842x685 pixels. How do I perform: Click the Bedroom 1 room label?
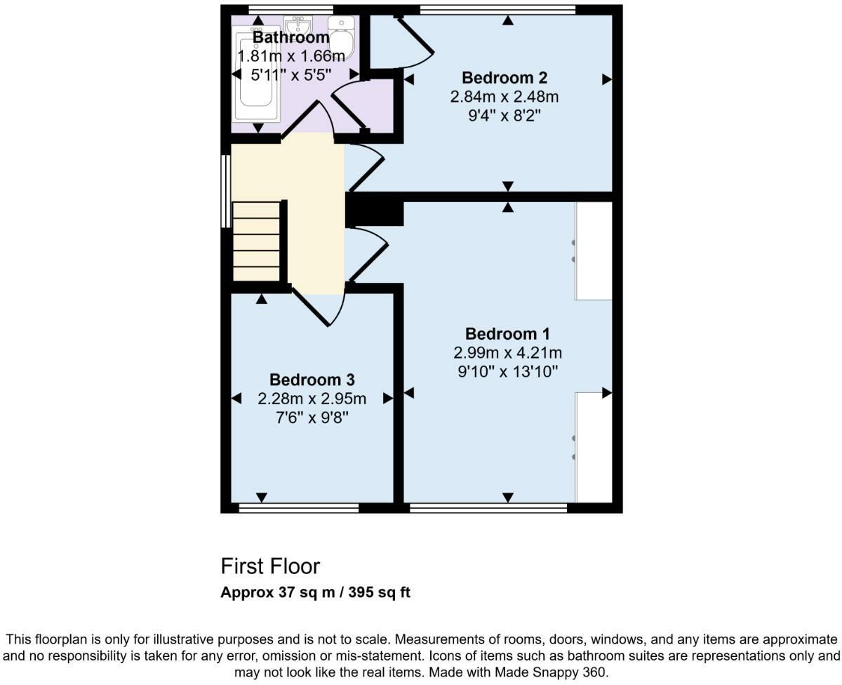click(x=507, y=333)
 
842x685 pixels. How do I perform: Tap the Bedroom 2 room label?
click(x=504, y=78)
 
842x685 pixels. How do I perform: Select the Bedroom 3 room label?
click(x=312, y=380)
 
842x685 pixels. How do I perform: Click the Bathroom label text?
click(x=290, y=37)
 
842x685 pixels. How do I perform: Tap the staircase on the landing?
click(x=257, y=241)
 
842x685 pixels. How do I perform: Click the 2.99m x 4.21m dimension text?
click(x=507, y=352)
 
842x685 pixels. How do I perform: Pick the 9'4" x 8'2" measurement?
click(x=504, y=114)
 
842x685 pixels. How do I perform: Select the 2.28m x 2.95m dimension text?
click(x=312, y=399)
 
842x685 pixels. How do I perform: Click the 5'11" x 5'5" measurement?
click(x=290, y=74)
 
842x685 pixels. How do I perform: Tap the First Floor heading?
click(x=270, y=566)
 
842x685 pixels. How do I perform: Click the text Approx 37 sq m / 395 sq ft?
click(x=315, y=592)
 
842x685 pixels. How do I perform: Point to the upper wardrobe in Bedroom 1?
click(x=594, y=251)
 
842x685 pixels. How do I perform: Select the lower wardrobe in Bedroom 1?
click(x=594, y=447)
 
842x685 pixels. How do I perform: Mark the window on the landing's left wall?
click(x=225, y=191)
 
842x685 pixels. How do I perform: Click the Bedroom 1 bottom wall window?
click(x=488, y=507)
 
